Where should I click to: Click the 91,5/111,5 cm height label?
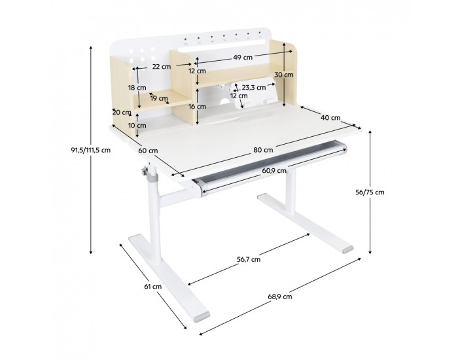click(x=91, y=150)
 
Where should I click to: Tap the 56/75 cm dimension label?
click(x=370, y=192)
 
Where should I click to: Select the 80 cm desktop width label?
click(x=263, y=150)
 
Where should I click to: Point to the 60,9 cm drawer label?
click(x=274, y=171)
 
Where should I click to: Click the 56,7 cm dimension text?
click(x=249, y=259)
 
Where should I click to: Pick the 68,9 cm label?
click(x=280, y=297)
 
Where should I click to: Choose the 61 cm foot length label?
click(x=152, y=287)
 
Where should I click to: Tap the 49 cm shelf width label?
click(x=243, y=58)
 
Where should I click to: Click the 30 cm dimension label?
click(x=283, y=75)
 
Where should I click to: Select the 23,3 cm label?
click(x=254, y=87)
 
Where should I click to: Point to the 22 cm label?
click(x=161, y=66)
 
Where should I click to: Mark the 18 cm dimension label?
click(x=137, y=87)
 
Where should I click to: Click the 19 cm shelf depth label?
click(x=159, y=98)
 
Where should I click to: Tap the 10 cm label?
click(x=137, y=126)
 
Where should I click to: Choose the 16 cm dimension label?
click(x=197, y=106)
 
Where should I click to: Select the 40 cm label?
click(x=330, y=117)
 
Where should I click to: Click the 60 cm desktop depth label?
click(x=148, y=151)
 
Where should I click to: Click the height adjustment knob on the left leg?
click(x=144, y=171)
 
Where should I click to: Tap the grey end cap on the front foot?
click(x=202, y=317)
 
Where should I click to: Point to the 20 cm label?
click(x=122, y=112)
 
